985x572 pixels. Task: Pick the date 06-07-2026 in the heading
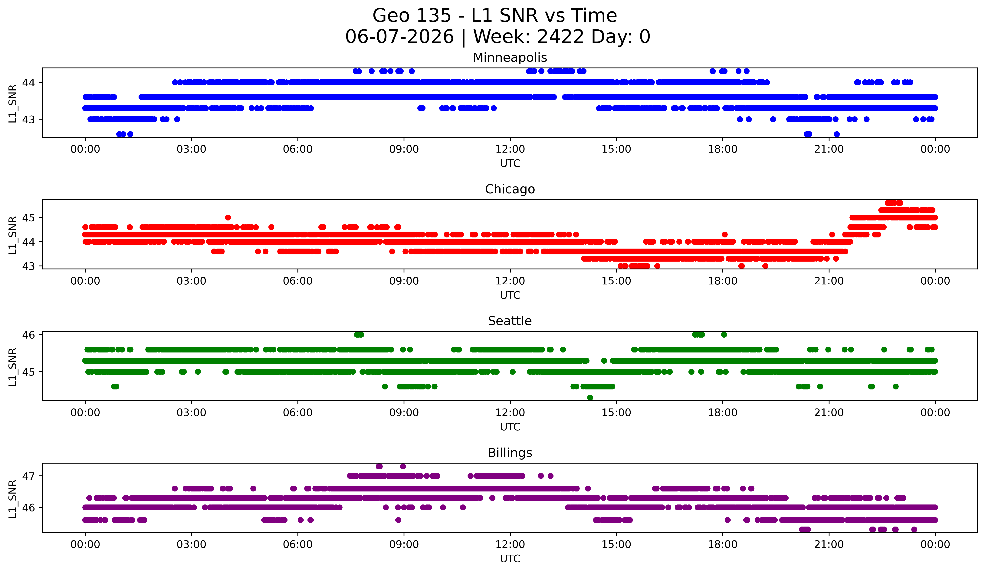point(399,37)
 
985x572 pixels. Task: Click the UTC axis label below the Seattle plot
point(510,427)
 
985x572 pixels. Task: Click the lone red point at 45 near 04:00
point(228,217)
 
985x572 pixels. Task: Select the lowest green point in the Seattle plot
point(590,398)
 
